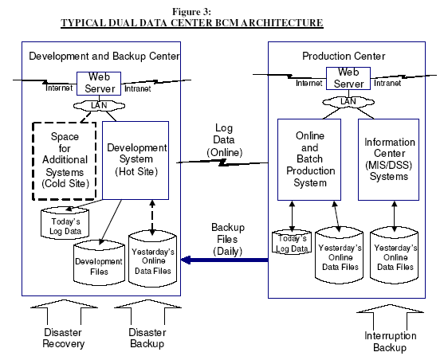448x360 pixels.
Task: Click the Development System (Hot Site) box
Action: coord(136,160)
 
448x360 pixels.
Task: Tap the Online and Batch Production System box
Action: coord(309,159)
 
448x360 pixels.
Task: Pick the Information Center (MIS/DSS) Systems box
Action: coord(388,159)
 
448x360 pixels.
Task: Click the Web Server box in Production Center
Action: coord(348,78)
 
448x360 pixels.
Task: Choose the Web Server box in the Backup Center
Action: coord(99,84)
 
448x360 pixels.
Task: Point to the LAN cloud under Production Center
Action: coord(348,102)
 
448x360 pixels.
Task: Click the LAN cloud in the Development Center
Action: coord(99,106)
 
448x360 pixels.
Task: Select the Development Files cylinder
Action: coord(99,263)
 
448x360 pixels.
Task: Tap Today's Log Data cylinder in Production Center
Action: coord(292,242)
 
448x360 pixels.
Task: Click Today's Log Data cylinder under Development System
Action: coord(65,223)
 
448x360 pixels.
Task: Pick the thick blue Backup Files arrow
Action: coord(225,260)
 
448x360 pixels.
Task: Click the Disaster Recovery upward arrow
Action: coord(64,312)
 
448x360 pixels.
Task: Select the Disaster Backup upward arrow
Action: coord(147,312)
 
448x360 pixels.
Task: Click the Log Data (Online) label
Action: coord(225,140)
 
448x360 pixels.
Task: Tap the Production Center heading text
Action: coord(344,56)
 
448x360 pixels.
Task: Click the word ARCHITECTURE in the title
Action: coord(282,23)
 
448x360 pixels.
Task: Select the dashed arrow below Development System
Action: coord(152,217)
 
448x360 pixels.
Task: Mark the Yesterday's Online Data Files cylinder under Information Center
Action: coord(395,256)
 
